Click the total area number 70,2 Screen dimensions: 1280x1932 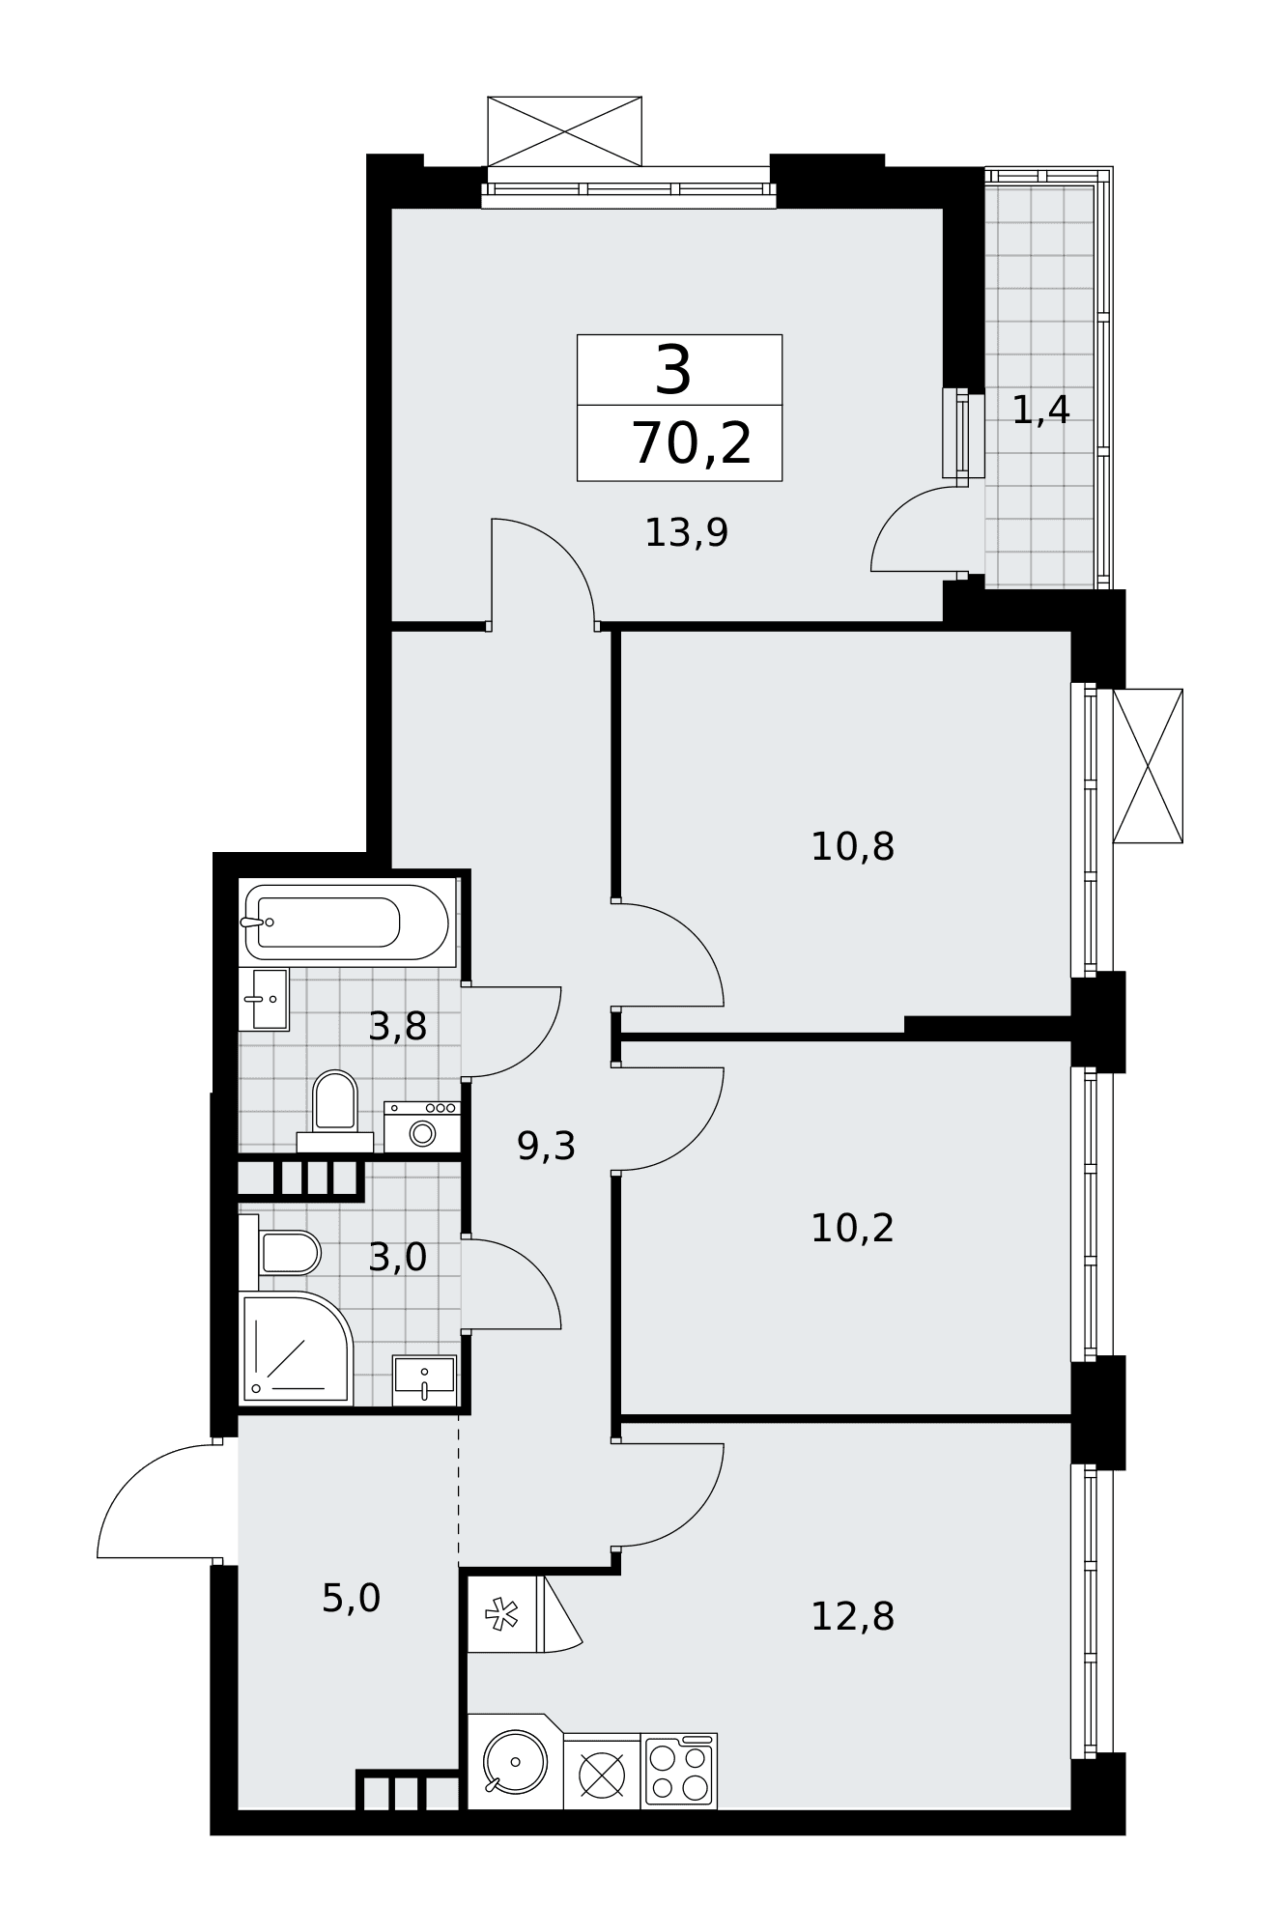[x=692, y=444]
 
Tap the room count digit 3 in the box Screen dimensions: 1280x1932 [x=673, y=370]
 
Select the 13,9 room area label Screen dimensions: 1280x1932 [x=686, y=532]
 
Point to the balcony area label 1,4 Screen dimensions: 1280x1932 [x=1040, y=410]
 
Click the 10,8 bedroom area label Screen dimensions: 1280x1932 [x=852, y=847]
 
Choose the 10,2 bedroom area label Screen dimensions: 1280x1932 [x=852, y=1229]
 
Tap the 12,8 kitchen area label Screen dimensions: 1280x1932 [x=852, y=1617]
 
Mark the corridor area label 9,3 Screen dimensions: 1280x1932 [x=546, y=1147]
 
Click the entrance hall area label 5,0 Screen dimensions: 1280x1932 [x=351, y=1599]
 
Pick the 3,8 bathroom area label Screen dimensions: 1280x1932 [x=397, y=1027]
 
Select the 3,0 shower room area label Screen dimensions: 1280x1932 [x=397, y=1258]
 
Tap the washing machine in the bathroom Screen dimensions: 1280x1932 [x=421, y=1126]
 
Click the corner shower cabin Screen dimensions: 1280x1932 [x=296, y=1349]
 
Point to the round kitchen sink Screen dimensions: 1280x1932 [x=515, y=1761]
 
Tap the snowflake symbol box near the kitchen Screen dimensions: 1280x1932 [x=501, y=1613]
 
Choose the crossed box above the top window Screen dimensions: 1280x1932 [x=564, y=131]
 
